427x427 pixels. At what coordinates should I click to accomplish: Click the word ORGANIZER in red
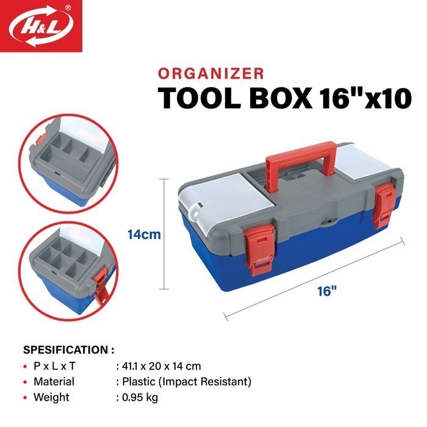(x=210, y=74)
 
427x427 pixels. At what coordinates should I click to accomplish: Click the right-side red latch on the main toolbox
(x=385, y=207)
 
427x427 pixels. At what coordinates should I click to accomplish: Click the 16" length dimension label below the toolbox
(x=327, y=292)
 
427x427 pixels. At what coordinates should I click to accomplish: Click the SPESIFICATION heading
(x=68, y=350)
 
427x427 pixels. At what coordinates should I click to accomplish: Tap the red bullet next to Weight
(x=25, y=398)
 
